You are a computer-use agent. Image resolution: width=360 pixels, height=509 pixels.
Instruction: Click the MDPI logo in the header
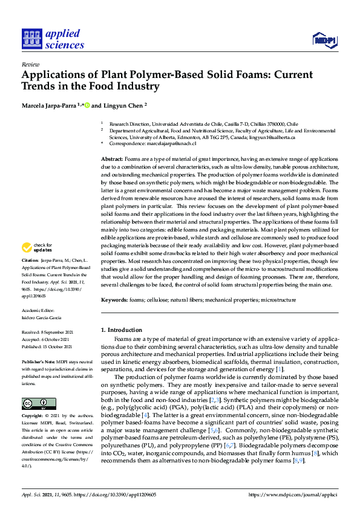(x=324, y=40)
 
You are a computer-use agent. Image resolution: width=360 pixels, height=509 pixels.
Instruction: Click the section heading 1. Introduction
(x=122, y=330)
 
